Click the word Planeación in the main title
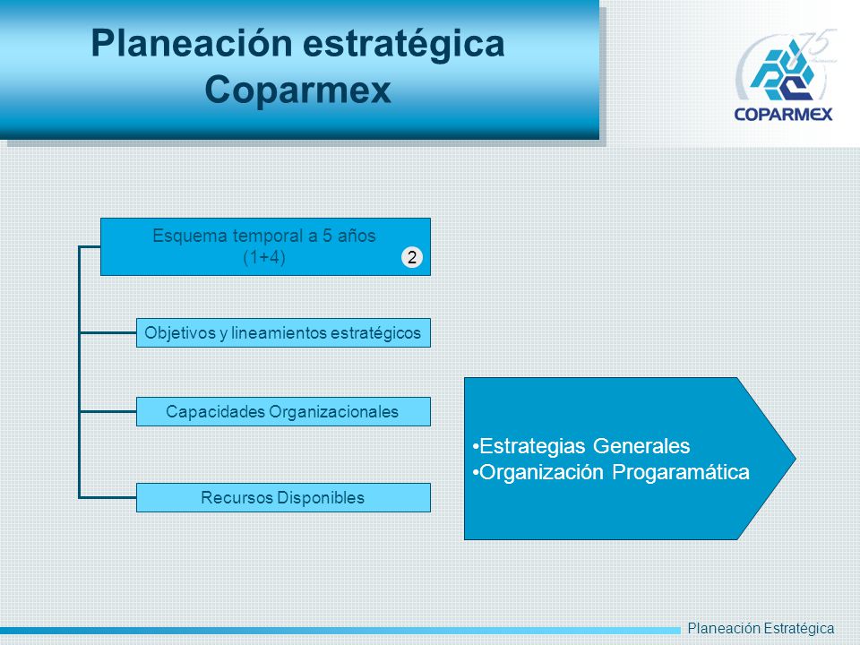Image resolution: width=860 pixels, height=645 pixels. pyautogui.click(x=192, y=43)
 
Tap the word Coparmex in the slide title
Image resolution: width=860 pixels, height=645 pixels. pyautogui.click(x=297, y=90)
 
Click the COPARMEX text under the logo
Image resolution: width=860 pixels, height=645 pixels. pyautogui.click(x=783, y=114)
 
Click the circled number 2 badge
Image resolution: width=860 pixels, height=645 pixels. pyautogui.click(x=412, y=257)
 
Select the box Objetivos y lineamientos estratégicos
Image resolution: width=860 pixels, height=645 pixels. pyautogui.click(x=283, y=333)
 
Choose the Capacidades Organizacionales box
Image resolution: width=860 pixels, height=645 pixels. pyautogui.click(x=283, y=411)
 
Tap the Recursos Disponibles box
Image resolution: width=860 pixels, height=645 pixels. pyautogui.click(x=283, y=497)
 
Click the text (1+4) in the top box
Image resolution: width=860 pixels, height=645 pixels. pyautogui.click(x=263, y=257)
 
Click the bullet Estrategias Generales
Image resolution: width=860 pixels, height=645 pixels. pyautogui.click(x=580, y=446)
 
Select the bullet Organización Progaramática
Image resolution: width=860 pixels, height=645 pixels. pyautogui.click(x=610, y=472)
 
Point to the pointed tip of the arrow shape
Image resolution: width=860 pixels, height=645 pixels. pyautogui.click(x=795, y=458)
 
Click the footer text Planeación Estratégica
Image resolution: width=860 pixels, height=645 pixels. pyautogui.click(x=761, y=629)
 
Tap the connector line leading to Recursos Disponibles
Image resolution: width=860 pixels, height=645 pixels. pyautogui.click(x=108, y=497)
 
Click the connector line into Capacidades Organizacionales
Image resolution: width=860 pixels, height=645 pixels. pyautogui.click(x=108, y=411)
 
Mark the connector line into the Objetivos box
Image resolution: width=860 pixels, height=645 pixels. pyautogui.click(x=108, y=332)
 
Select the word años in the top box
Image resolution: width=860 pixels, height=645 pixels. pyautogui.click(x=357, y=236)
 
